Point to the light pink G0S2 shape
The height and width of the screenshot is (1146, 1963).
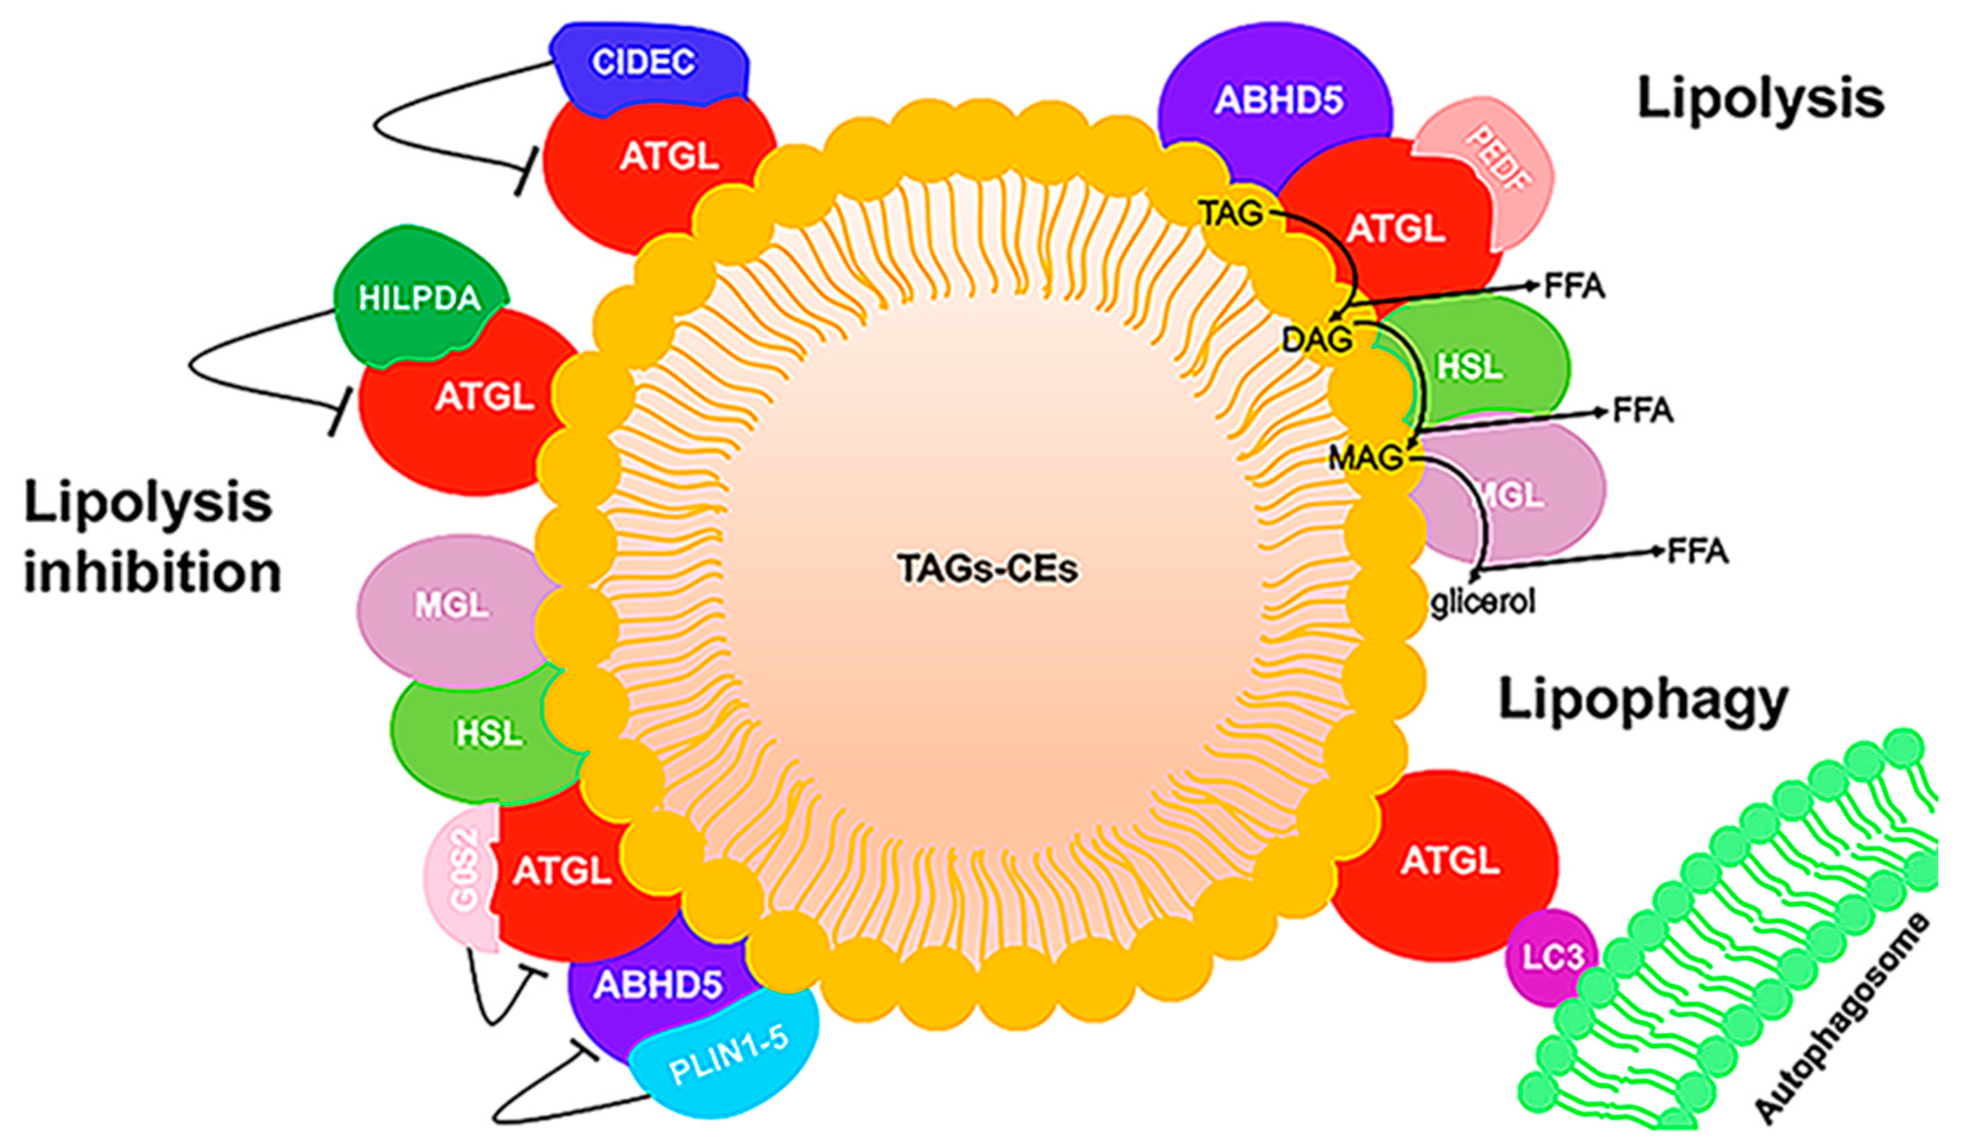pos(461,880)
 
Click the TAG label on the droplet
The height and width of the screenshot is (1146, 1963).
pos(1231,213)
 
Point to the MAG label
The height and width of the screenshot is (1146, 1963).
pos(1365,458)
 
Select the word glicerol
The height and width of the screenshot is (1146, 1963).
pos(1482,601)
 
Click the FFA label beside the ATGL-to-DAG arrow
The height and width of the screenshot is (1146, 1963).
pos(1573,286)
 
